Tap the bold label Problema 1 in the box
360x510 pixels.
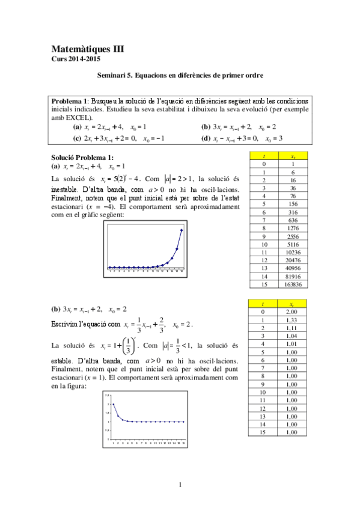[70, 100]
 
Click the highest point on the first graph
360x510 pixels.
[182, 230]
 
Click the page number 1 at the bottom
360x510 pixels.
[180, 485]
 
